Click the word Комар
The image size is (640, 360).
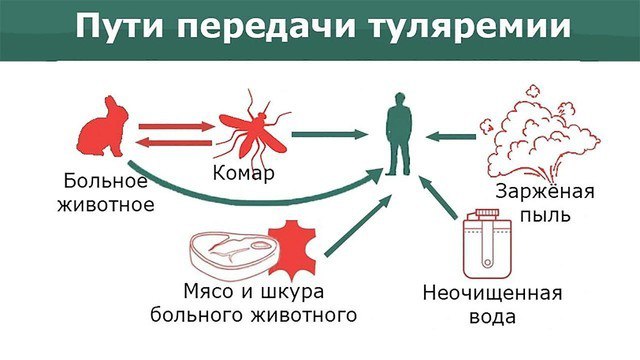click(244, 175)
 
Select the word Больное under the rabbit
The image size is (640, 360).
click(105, 183)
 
